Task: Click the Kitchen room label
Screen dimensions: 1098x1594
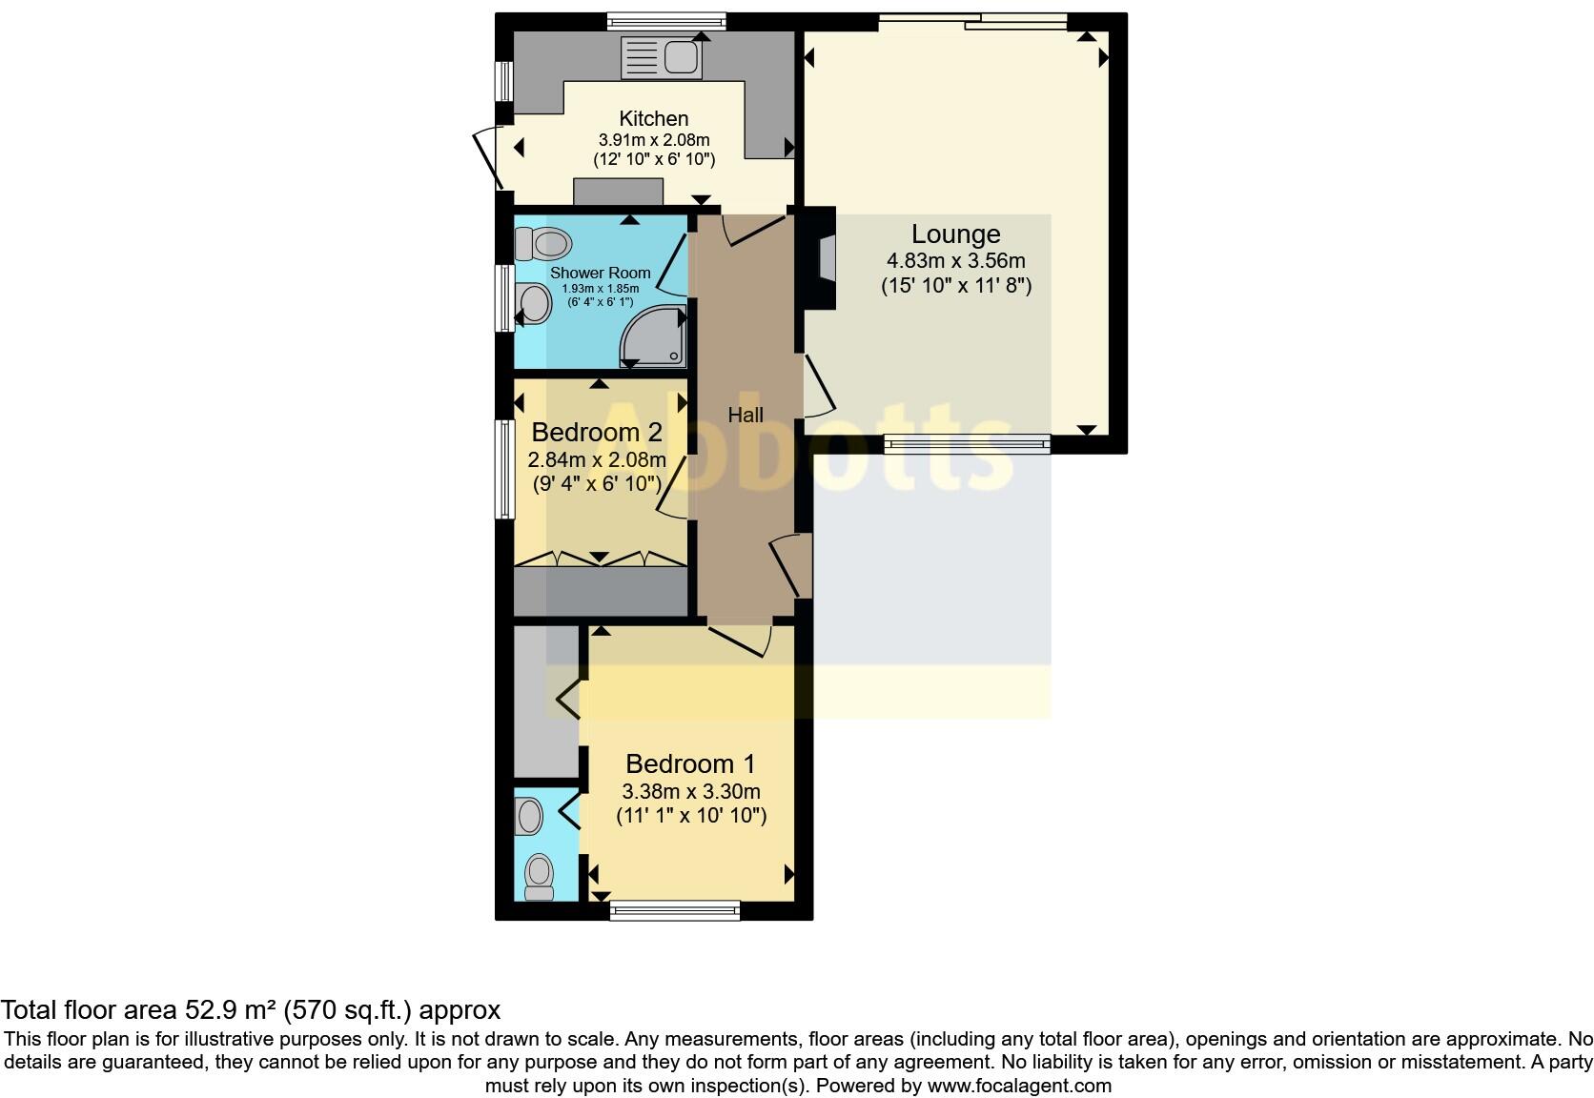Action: point(653,118)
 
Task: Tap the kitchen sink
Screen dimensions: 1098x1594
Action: point(661,57)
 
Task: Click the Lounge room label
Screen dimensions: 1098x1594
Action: point(955,234)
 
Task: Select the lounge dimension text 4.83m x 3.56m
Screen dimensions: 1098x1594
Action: point(955,260)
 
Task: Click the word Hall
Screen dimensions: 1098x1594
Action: point(745,415)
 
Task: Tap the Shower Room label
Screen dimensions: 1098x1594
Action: point(600,273)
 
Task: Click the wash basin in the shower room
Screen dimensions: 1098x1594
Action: point(533,305)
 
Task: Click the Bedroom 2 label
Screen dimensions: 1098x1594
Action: point(597,432)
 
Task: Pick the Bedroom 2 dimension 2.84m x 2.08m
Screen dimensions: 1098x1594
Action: point(597,459)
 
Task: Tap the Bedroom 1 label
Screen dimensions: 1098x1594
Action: point(690,763)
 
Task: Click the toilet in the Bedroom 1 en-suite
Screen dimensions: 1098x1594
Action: point(540,875)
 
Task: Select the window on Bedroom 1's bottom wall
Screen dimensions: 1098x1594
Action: point(675,911)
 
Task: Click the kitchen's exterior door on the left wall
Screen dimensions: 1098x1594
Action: point(488,158)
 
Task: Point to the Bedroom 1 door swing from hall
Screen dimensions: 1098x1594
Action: point(742,640)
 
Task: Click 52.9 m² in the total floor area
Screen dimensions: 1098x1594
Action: point(231,1009)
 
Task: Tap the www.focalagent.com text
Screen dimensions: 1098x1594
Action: point(1019,1085)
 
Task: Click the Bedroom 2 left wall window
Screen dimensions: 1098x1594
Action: point(503,469)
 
